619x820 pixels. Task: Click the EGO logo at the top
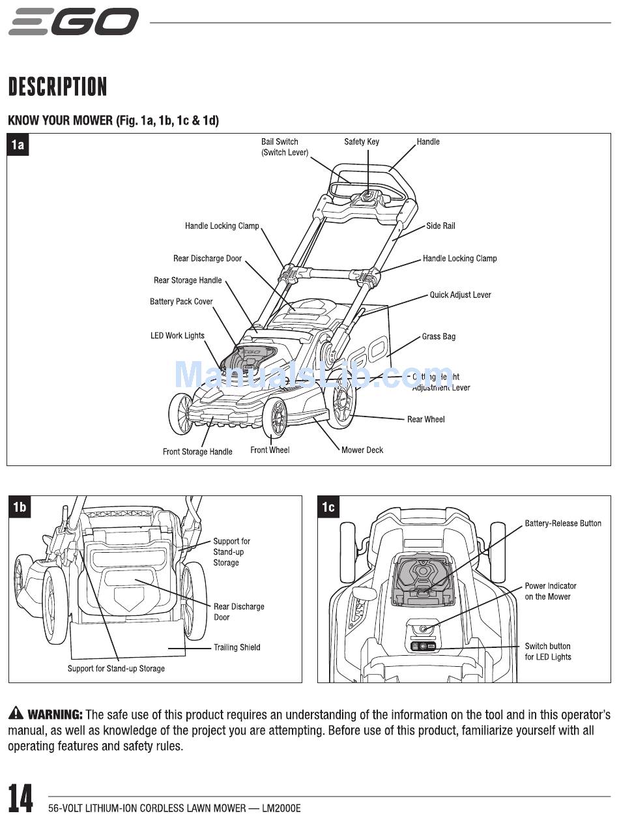pos(74,22)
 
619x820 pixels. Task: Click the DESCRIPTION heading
pos(57,87)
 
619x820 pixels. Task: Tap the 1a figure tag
pos(18,145)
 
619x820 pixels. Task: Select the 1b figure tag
pos(20,506)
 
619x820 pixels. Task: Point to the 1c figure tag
pos(328,506)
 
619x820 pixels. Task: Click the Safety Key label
pos(362,141)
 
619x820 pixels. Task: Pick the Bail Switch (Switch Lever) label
pos(284,147)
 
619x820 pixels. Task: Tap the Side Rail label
pos(440,226)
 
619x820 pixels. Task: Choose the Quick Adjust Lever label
pos(460,295)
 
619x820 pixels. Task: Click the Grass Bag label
pos(439,336)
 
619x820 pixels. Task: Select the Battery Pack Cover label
pos(181,302)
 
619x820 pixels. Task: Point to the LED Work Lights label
pos(177,336)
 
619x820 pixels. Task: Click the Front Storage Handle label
pos(197,452)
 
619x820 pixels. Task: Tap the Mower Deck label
pos(362,450)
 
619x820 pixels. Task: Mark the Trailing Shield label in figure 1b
pos(237,647)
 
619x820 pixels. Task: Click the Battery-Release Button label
pos(563,523)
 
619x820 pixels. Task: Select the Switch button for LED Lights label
pos(548,652)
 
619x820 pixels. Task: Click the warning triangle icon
pos(16,714)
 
